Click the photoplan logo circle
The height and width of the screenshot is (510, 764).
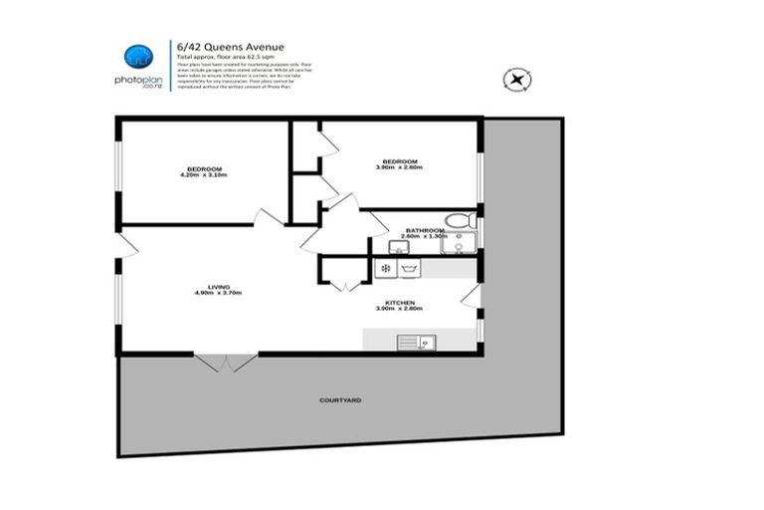click(x=138, y=58)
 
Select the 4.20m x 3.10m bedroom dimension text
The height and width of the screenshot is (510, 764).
click(x=204, y=176)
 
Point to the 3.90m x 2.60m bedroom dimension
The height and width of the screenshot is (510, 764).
click(x=399, y=167)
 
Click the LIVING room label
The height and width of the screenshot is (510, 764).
click(x=219, y=287)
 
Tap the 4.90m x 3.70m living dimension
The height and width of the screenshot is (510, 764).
click(x=219, y=294)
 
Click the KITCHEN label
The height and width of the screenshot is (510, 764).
click(x=399, y=302)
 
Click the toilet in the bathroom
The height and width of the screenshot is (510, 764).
click(x=461, y=220)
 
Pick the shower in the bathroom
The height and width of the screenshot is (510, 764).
click(x=460, y=244)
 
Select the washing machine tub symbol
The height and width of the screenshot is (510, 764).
click(x=408, y=268)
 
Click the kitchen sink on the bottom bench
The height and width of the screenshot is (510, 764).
click(x=413, y=343)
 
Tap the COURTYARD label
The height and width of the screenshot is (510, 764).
click(x=340, y=399)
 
